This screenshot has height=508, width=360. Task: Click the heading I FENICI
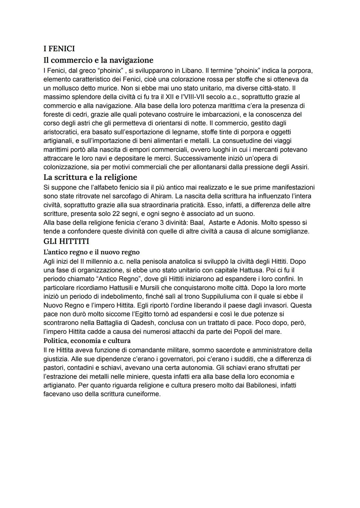tap(59, 49)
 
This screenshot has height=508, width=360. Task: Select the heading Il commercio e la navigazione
tap(98, 60)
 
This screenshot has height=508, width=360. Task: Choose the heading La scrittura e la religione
tap(90, 177)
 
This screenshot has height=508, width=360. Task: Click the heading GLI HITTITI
tap(66, 241)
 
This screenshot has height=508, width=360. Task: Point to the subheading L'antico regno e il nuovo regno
tap(91, 252)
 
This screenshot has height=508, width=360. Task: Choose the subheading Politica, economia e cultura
tap(87, 340)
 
